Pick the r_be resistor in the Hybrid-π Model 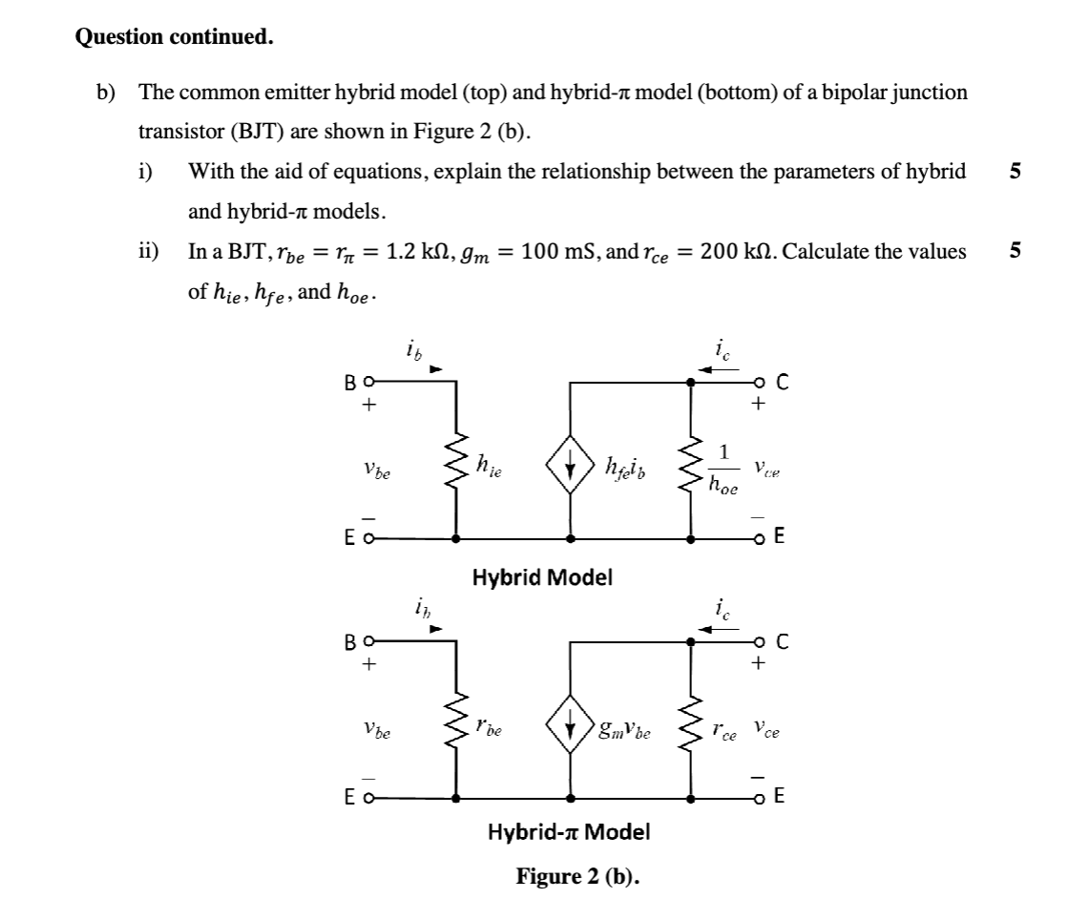tap(457, 731)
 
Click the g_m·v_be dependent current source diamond tap(570, 731)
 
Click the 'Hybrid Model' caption tap(543, 576)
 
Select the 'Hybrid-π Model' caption tap(569, 831)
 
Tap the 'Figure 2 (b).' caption tap(577, 875)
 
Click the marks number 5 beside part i tap(1015, 172)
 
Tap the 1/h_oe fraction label tap(723, 469)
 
